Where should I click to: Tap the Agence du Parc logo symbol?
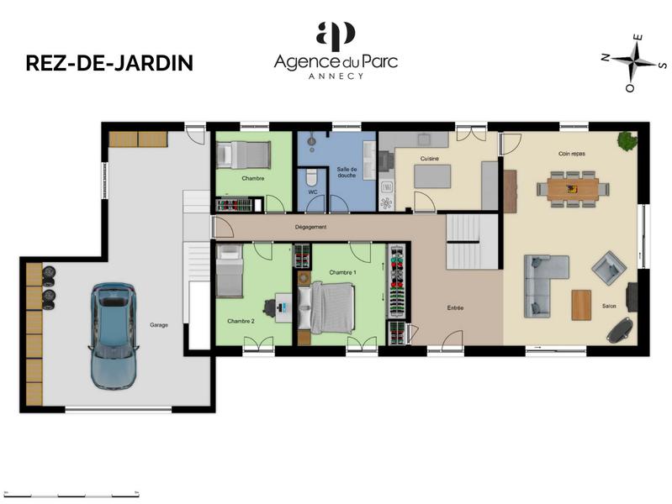point(336,36)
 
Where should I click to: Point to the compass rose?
point(634,60)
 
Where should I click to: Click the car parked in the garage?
point(113,333)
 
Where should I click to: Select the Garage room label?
point(158,324)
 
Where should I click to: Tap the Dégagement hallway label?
point(310,227)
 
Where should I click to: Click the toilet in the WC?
point(310,177)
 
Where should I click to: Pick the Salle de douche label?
point(347,172)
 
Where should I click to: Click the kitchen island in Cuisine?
point(432,176)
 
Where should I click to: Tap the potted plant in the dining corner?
point(627,141)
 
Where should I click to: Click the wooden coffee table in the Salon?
point(581,304)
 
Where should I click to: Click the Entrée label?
point(455,308)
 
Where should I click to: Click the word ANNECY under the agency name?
point(335,76)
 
